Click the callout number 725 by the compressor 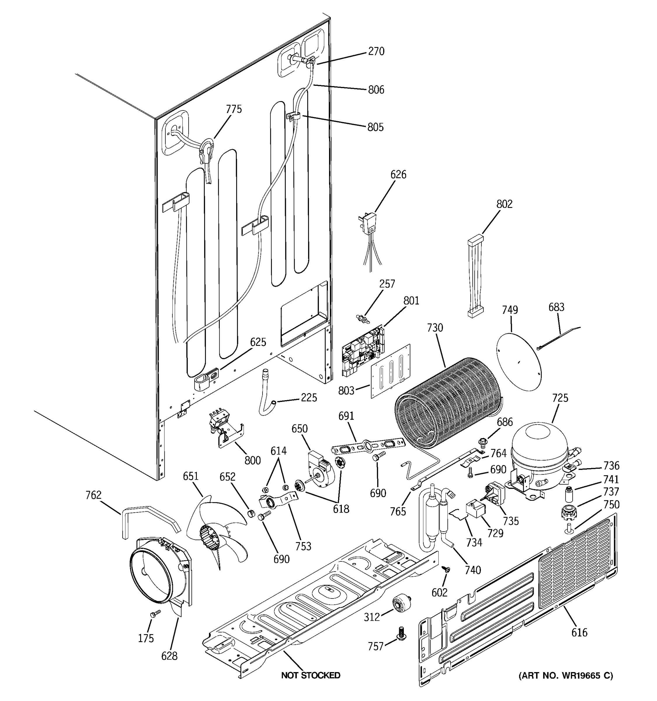tap(560, 398)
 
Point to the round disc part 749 tap(518, 361)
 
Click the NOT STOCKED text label tap(310, 675)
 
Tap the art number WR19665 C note tap(565, 676)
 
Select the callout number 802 tap(504, 204)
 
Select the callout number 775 tap(234, 109)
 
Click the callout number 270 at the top tap(376, 51)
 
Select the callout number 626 tap(398, 175)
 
